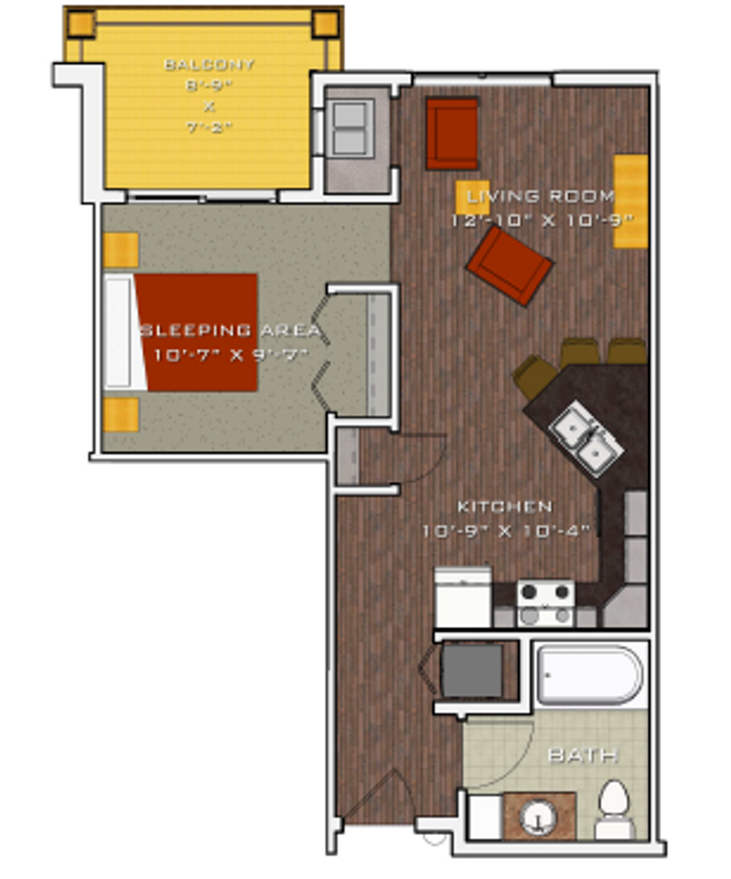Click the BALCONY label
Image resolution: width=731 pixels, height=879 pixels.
click(209, 63)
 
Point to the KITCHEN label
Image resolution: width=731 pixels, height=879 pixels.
click(505, 507)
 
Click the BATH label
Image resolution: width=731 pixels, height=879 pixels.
click(582, 755)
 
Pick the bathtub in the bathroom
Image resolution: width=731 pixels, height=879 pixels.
click(590, 675)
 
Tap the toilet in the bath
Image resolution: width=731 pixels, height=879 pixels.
click(613, 808)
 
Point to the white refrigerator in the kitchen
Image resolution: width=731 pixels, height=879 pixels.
click(463, 597)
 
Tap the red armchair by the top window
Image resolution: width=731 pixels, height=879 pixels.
click(452, 133)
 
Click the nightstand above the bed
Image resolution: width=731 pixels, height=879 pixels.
click(121, 250)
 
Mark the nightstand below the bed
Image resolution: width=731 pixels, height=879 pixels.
click(121, 414)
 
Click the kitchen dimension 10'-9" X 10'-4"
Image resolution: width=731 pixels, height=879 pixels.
click(505, 531)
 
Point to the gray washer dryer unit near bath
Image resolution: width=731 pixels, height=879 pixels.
click(472, 671)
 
